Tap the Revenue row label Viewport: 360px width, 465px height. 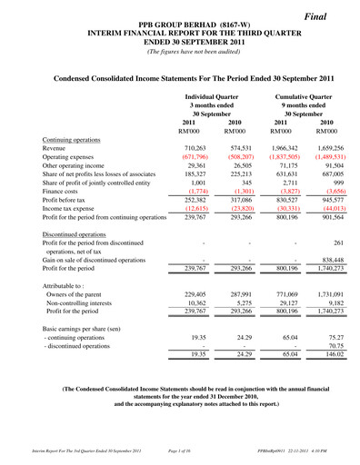click(x=58, y=147)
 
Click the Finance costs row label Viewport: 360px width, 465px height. click(x=65, y=193)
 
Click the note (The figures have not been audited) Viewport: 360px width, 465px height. click(x=179, y=51)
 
